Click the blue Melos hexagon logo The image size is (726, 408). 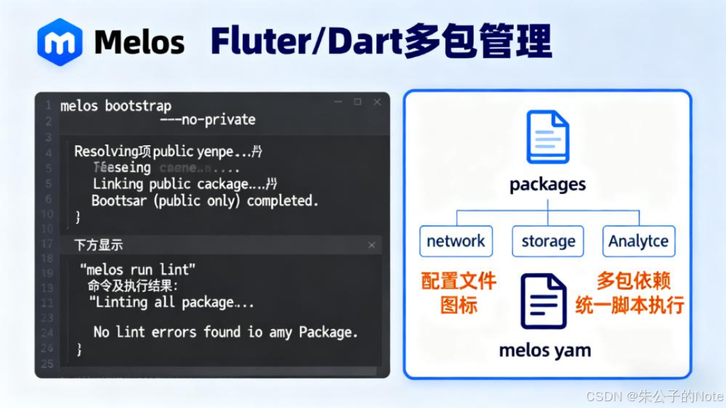click(60, 42)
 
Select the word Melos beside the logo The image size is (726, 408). click(139, 42)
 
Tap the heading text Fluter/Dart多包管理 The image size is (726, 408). click(381, 41)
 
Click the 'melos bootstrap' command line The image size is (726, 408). click(116, 105)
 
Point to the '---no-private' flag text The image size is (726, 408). click(208, 120)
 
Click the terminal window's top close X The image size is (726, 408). click(377, 102)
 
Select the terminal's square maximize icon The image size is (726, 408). click(358, 102)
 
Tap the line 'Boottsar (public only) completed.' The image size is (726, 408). click(204, 201)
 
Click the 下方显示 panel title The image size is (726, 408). click(99, 245)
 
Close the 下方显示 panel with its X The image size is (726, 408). click(371, 245)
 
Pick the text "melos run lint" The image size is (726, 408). click(138, 270)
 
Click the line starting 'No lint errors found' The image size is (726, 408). click(225, 332)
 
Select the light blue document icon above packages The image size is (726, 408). click(548, 137)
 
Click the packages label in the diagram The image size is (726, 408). click(548, 184)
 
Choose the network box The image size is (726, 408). click(456, 241)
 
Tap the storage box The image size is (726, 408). click(548, 241)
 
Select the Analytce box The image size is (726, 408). click(638, 241)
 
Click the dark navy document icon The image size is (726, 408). click(543, 301)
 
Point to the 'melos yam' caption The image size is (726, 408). click(545, 350)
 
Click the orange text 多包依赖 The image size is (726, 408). click(634, 281)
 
